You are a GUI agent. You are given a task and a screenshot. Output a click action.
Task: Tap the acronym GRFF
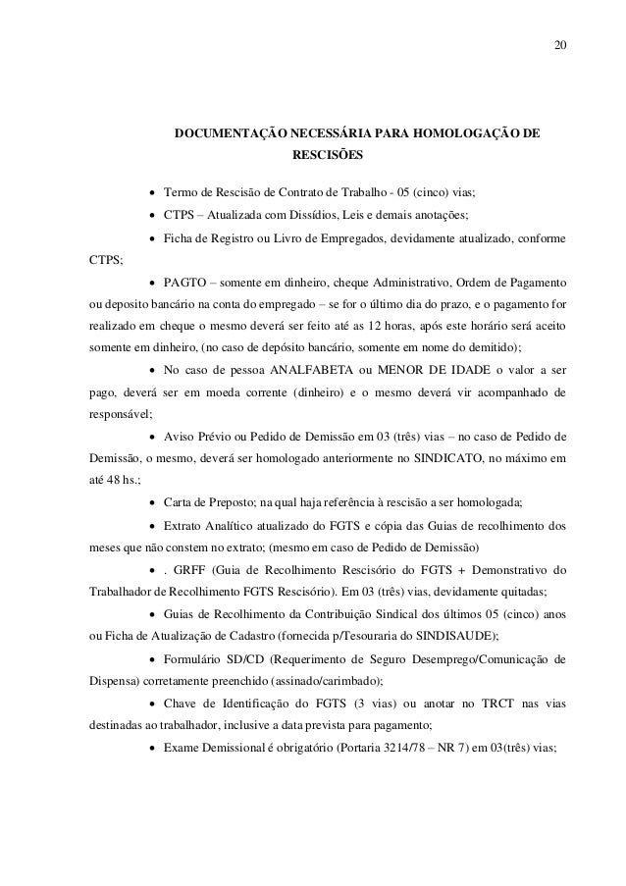point(202,571)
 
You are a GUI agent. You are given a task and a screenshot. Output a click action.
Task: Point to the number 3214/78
point(386,749)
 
